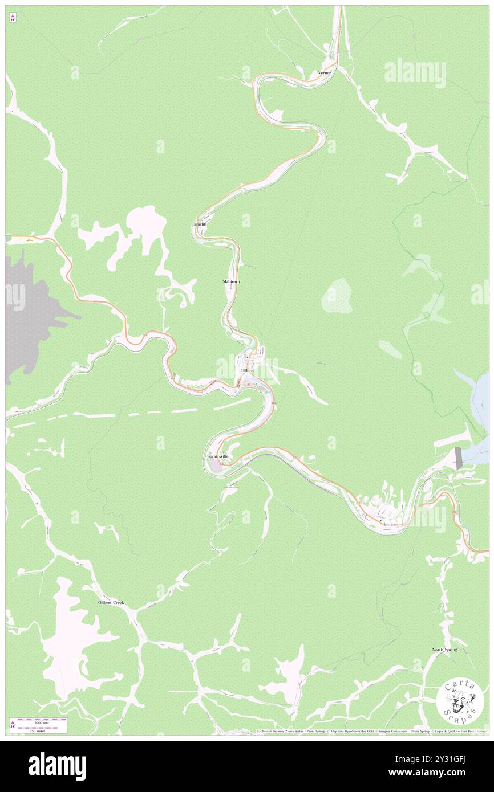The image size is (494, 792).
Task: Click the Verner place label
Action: (325, 73)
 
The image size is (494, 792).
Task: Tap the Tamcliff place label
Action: (199, 224)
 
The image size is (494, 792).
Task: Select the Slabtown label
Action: (231, 281)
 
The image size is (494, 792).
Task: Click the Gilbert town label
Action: (247, 370)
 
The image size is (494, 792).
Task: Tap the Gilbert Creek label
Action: (111, 602)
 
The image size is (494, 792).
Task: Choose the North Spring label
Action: (444, 650)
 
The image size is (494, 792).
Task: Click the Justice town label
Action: (390, 524)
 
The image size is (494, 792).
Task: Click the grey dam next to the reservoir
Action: (457, 458)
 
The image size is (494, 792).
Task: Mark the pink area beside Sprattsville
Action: (213, 466)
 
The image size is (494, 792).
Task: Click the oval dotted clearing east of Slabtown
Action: (337, 296)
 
